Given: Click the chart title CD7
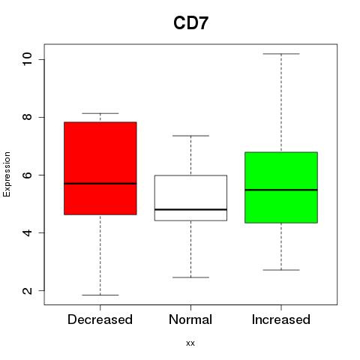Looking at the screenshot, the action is tap(190, 23).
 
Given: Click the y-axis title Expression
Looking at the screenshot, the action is tap(7, 174).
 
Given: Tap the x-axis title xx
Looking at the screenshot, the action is tap(190, 343).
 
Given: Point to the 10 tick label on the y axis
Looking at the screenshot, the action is tap(27, 59).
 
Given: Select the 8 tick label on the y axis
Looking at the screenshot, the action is tap(27, 117).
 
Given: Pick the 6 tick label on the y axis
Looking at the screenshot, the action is tap(27, 175).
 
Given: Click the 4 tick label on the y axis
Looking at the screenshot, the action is tap(27, 232).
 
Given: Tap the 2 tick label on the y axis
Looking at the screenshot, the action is tap(27, 290).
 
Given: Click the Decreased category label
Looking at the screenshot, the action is tap(100, 319).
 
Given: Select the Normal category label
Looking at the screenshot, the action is tap(190, 319).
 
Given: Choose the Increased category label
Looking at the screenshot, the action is tap(281, 319).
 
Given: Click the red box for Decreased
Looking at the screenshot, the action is tap(100, 168).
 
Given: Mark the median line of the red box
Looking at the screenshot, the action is tap(100, 184).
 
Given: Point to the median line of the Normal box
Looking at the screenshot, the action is tap(190, 209).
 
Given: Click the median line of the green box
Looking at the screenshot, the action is tap(281, 190).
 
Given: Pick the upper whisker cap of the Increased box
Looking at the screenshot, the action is tap(281, 54).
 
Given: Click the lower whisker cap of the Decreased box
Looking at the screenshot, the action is tap(100, 295).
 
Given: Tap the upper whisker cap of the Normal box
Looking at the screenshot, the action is tap(190, 136).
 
